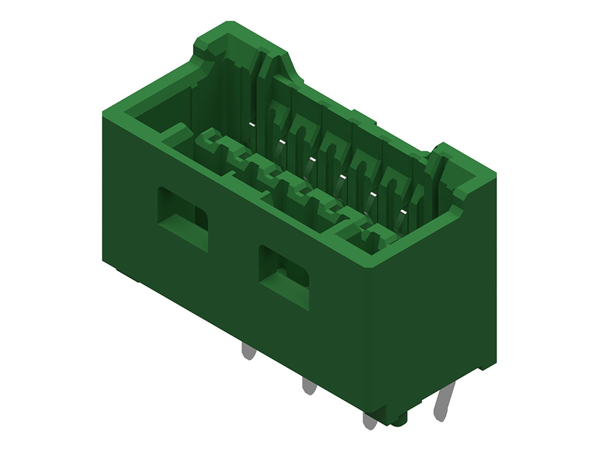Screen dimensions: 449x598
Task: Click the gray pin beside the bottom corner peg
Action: [370, 421]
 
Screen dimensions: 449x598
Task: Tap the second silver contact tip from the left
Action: [281, 142]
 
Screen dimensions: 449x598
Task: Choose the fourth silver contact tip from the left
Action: [341, 177]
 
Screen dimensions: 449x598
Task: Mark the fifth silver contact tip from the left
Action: [373, 195]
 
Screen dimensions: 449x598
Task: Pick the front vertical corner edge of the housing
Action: [366, 335]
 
